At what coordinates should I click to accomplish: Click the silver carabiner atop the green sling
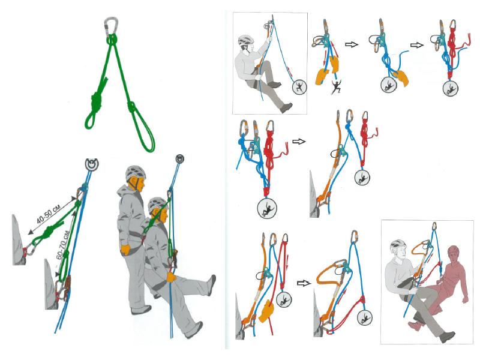tap(111, 26)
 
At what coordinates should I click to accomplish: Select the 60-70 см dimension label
tap(62, 246)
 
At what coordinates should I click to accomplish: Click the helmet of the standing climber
tap(136, 173)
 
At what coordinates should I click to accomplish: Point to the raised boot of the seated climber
tap(212, 284)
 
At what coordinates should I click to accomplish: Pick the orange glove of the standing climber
tap(125, 250)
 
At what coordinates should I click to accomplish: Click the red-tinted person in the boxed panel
tap(444, 288)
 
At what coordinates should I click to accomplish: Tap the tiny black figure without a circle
tap(336, 86)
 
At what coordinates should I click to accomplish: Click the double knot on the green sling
tap(97, 100)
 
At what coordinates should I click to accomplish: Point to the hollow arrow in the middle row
tap(299, 142)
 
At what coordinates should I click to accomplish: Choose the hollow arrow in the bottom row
tap(304, 283)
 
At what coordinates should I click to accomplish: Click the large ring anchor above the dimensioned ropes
tap(92, 164)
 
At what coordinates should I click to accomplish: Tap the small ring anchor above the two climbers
tap(179, 158)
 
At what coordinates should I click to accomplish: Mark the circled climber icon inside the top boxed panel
tap(299, 87)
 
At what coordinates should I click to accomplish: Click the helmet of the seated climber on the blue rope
tap(158, 205)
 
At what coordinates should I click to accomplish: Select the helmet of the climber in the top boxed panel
tap(247, 40)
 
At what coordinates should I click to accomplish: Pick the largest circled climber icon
tap(267, 208)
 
